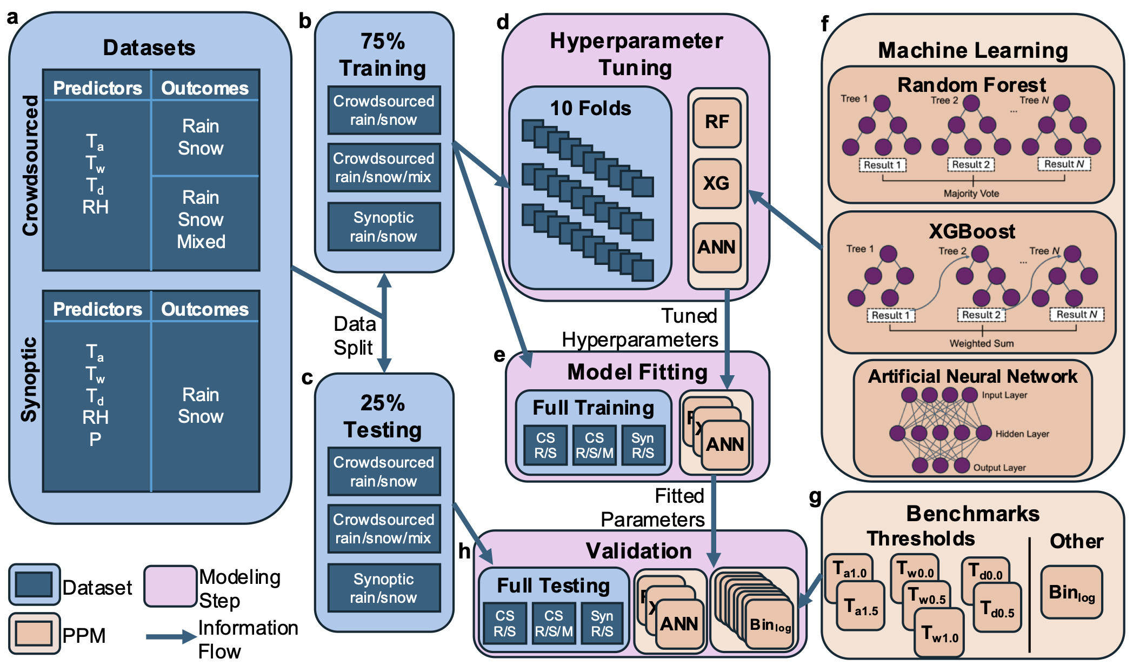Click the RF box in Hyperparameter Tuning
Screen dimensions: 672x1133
pyautogui.click(x=717, y=122)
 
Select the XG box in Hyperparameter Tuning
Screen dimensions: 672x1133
pyautogui.click(x=717, y=183)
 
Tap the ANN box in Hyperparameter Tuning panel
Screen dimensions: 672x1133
pyautogui.click(x=717, y=247)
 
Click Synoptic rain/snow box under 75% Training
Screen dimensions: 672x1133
pyautogui.click(x=384, y=227)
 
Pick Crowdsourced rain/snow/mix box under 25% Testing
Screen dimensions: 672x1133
pyautogui.click(x=384, y=528)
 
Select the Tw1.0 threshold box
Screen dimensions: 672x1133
pyautogui.click(x=939, y=633)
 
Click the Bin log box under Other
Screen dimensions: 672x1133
pyautogui.click(x=1071, y=593)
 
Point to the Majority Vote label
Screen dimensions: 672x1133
pyautogui.click(x=971, y=194)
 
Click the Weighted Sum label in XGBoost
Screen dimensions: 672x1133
pyautogui.click(x=982, y=343)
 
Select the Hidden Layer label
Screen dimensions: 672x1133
pyautogui.click(x=1022, y=434)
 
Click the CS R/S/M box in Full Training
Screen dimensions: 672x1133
pyautogui.click(x=594, y=445)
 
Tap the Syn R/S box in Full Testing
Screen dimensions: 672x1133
pyautogui.click(x=602, y=623)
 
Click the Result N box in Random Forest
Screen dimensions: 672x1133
pyautogui.click(x=1064, y=164)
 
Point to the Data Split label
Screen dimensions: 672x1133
pyautogui.click(x=354, y=336)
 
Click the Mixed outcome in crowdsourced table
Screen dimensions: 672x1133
pyautogui.click(x=201, y=241)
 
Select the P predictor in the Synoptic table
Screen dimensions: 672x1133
pyautogui.click(x=95, y=439)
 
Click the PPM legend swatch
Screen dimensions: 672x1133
pyautogui.click(x=34, y=633)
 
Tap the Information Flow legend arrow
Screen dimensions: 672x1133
pyautogui.click(x=170, y=637)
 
